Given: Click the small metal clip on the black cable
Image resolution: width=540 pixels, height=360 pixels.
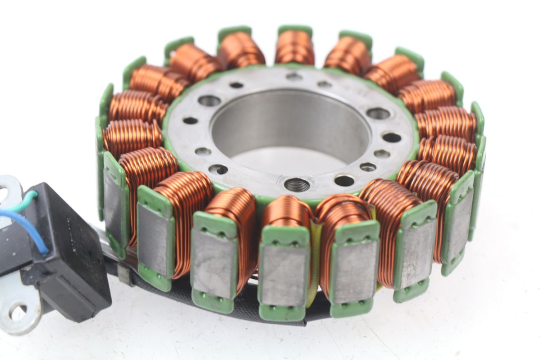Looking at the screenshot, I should coord(123,274).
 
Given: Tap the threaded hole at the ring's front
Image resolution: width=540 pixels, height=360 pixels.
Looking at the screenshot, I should coord(296,185).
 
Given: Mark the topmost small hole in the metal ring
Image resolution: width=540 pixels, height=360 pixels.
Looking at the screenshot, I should coord(294,77).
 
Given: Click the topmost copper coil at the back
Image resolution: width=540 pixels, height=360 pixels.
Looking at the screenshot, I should coord(295,48).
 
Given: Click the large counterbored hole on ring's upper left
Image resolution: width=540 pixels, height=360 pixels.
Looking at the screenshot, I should coord(209,101).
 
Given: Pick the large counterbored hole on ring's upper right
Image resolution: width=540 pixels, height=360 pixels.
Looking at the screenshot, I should coord(378,114).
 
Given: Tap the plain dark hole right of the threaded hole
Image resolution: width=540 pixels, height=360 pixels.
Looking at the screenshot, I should coord(343,181).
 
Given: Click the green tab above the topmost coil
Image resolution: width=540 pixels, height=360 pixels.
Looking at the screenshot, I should coord(295,30).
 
